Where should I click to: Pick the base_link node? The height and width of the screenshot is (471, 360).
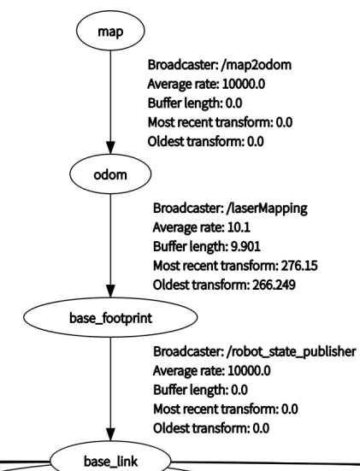[111, 460]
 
